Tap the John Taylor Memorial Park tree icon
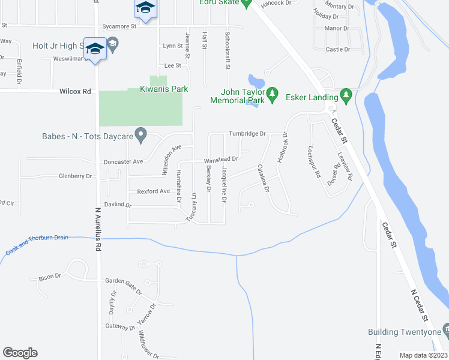(273, 93)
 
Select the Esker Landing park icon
(345, 94)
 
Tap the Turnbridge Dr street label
(247, 133)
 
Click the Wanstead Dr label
(221, 160)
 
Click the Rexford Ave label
(154, 191)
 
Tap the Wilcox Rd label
(75, 91)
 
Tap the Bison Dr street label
(50, 277)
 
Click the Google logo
(20, 353)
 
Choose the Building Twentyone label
(404, 332)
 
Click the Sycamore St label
(119, 26)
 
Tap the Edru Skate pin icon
(246, 3)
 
